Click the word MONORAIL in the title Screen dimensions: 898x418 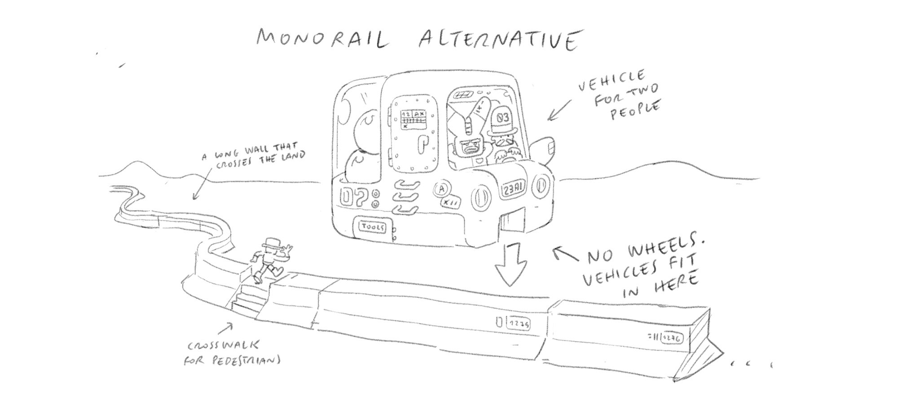pyautogui.click(x=321, y=39)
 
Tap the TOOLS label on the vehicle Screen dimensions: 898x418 pyautogui.click(x=372, y=227)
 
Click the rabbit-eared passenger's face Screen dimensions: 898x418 pyautogui.click(x=469, y=147)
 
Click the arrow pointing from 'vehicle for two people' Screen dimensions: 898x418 pyautogui.click(x=559, y=110)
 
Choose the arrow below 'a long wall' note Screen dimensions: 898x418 pyautogui.click(x=200, y=187)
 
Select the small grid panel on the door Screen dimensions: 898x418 pyautogui.click(x=414, y=118)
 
